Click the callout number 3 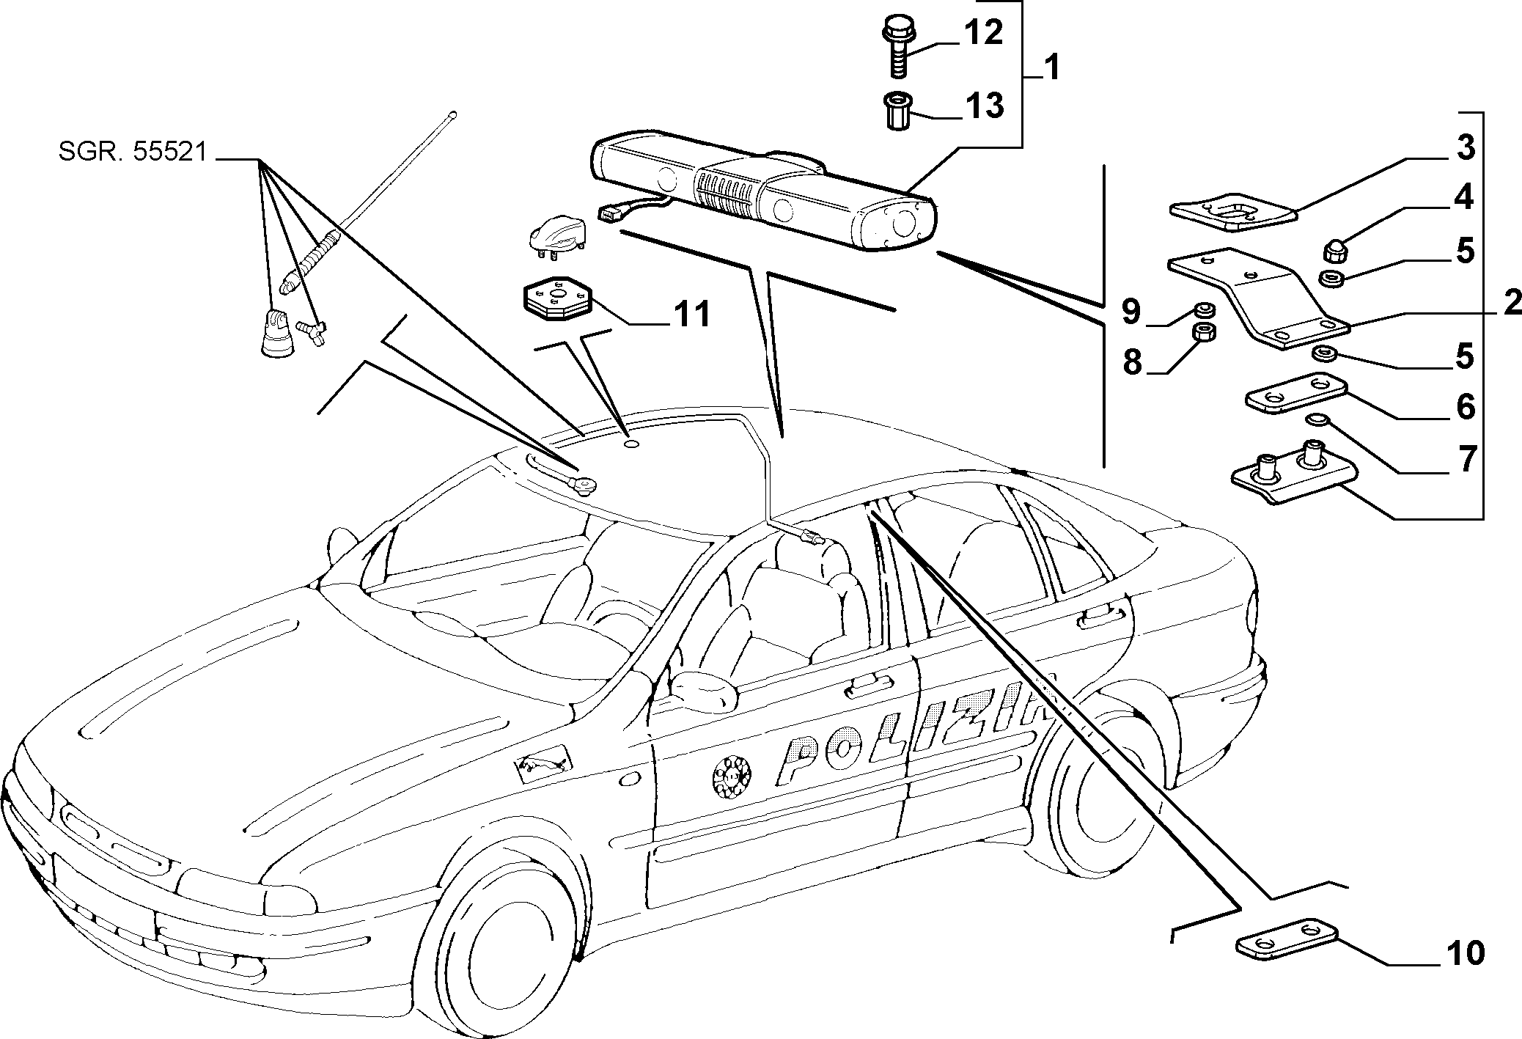tap(1463, 147)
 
